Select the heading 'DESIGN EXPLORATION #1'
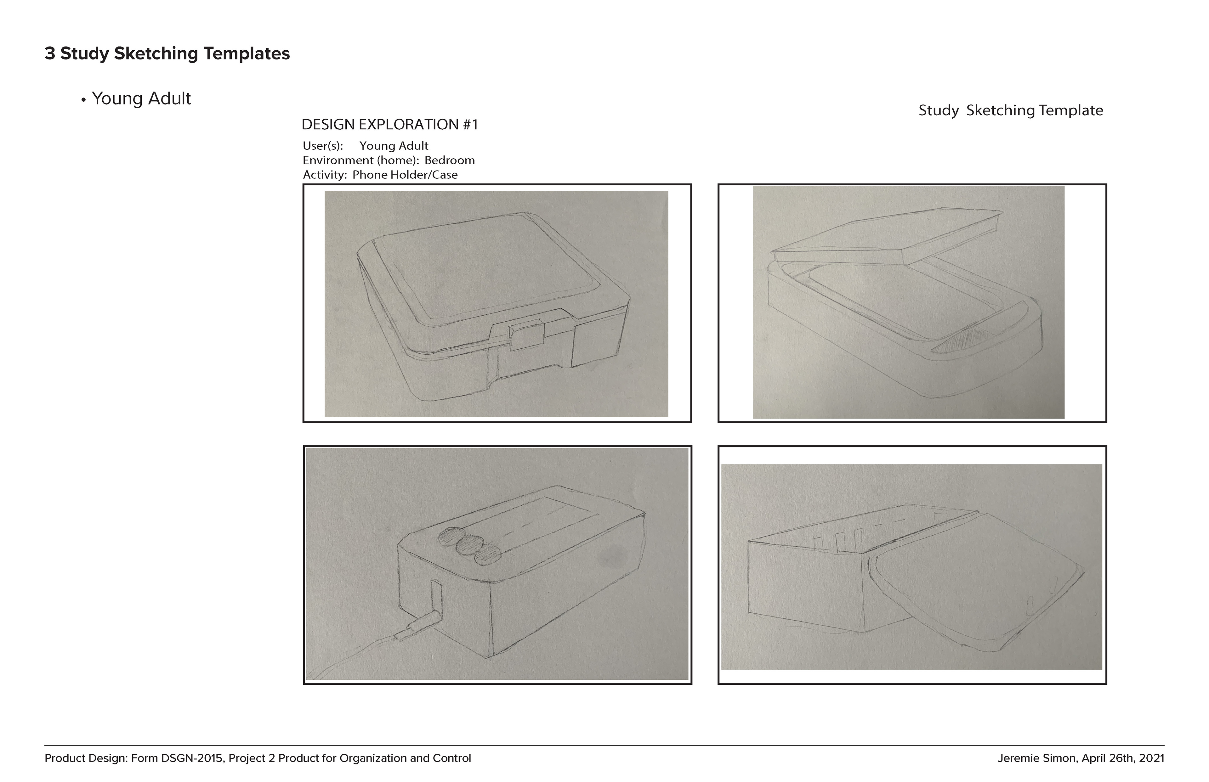tap(390, 124)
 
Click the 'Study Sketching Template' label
tap(1011, 110)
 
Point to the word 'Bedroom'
tap(450, 160)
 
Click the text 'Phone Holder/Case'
tap(405, 175)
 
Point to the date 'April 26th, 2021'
tap(1123, 758)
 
